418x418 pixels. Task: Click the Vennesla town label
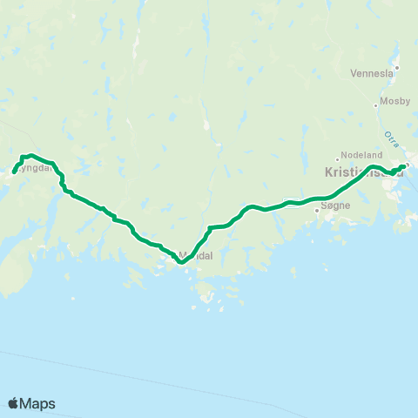click(x=371, y=74)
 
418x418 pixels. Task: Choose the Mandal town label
click(x=196, y=256)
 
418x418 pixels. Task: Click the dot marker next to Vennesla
click(x=396, y=67)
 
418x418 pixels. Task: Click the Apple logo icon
click(x=13, y=403)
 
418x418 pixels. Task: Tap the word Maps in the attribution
click(x=38, y=403)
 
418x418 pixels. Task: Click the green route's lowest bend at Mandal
click(x=180, y=259)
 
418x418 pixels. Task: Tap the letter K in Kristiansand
click(x=328, y=172)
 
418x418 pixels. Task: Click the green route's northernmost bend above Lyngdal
click(x=31, y=156)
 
